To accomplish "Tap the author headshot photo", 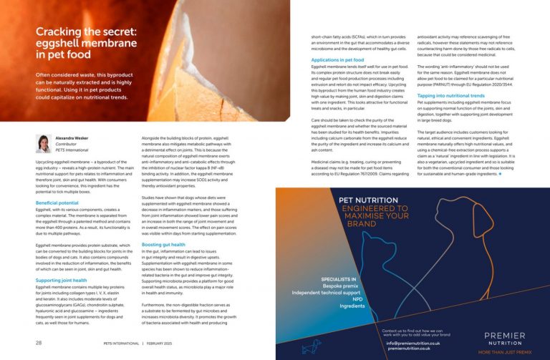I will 44,143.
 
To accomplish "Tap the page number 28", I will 38,342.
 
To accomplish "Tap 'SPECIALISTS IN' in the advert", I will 339,277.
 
